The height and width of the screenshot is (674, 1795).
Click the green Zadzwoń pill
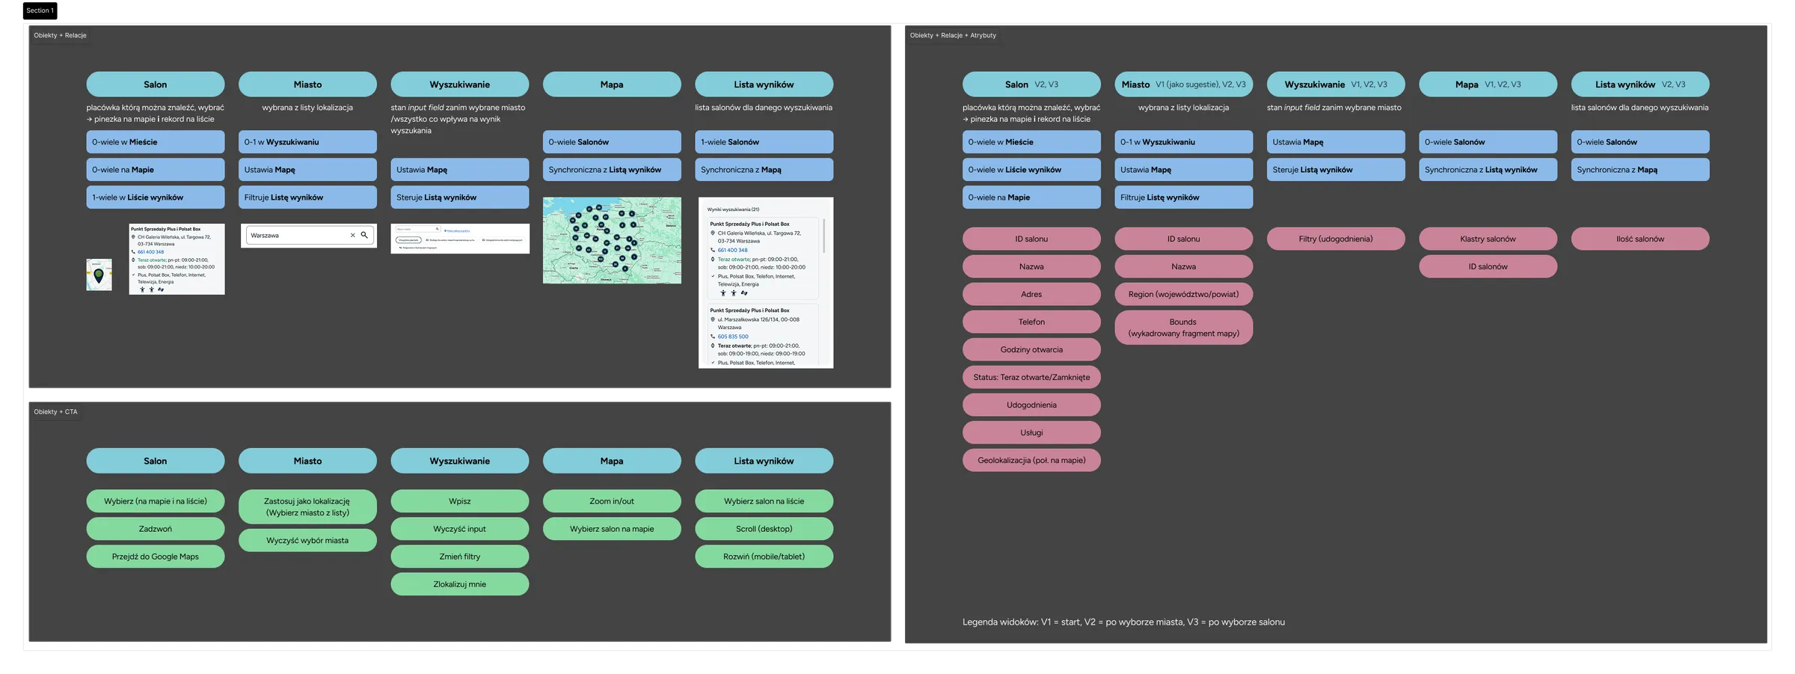(155, 529)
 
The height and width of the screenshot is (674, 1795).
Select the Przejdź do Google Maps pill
(155, 557)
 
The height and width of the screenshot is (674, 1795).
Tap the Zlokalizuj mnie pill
(459, 584)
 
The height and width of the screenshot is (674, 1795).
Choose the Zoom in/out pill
(611, 501)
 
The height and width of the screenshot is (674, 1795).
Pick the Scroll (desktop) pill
(764, 529)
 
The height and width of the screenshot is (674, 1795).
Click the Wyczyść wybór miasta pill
(307, 540)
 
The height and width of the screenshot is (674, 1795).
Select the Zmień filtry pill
(459, 557)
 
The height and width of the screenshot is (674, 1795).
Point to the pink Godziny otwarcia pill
(1031, 349)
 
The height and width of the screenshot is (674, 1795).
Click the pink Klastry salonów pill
(1488, 239)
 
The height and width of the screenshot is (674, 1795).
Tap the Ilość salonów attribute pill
(1639, 239)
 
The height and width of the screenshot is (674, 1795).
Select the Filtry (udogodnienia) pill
(1335, 239)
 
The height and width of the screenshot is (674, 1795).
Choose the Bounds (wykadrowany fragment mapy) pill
(1183, 328)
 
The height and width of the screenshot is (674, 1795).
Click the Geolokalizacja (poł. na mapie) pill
(1031, 460)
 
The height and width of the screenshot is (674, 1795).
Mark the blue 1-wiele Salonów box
(764, 142)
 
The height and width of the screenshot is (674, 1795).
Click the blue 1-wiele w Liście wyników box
(155, 197)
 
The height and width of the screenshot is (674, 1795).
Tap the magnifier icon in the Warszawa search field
(364, 235)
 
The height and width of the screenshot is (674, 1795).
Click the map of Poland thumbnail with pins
(611, 240)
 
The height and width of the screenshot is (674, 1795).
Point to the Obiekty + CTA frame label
(55, 411)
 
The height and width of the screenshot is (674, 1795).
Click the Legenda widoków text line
(1123, 622)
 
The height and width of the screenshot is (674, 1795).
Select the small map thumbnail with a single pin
(99, 275)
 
